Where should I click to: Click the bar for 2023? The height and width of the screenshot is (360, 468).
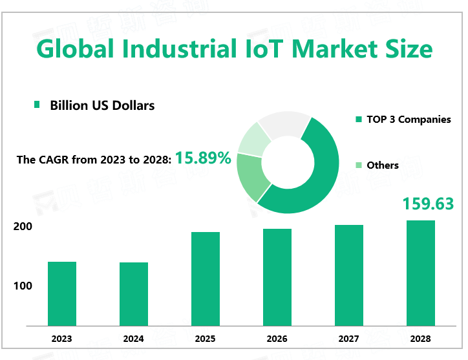[62, 293]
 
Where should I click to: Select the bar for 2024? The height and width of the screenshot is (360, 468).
[134, 294]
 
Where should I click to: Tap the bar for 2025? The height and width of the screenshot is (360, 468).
[206, 279]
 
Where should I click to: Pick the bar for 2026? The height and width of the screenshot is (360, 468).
[277, 277]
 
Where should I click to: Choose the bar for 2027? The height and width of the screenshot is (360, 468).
[349, 275]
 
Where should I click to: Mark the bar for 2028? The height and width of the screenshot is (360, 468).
[421, 273]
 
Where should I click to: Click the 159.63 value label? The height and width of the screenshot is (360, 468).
[428, 204]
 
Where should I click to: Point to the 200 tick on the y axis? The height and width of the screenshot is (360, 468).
[22, 227]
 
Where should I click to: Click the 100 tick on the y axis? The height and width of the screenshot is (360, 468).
[22, 286]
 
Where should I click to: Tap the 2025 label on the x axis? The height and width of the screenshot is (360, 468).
[206, 339]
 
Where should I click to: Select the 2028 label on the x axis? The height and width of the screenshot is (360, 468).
[421, 339]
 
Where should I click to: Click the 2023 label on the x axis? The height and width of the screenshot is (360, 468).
[62, 339]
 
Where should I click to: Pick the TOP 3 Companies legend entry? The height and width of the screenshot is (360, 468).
[408, 120]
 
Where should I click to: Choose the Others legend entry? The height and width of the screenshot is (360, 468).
[382, 165]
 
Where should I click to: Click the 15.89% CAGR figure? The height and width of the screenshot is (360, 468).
[203, 158]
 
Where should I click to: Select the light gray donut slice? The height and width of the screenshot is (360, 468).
[284, 124]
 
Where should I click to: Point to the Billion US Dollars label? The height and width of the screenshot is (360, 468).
[102, 105]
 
